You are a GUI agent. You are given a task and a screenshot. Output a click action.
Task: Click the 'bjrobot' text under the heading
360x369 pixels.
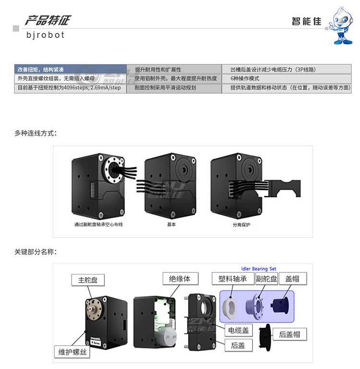45,35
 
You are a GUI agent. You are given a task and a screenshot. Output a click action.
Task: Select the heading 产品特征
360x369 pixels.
48,20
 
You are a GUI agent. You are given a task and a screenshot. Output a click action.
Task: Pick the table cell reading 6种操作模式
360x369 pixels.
245,79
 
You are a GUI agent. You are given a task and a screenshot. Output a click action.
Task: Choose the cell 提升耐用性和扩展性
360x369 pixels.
158,70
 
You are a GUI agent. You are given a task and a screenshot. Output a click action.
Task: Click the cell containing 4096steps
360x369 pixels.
69,88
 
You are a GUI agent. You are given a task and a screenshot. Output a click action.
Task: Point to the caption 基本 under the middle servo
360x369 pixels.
171,224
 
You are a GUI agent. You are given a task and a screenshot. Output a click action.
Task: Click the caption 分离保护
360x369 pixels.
241,224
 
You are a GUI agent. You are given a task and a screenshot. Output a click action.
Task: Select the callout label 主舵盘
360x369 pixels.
88,280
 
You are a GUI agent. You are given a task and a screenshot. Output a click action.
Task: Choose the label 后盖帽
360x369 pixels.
293,334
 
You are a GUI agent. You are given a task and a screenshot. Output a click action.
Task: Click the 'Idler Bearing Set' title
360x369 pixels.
258,269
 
